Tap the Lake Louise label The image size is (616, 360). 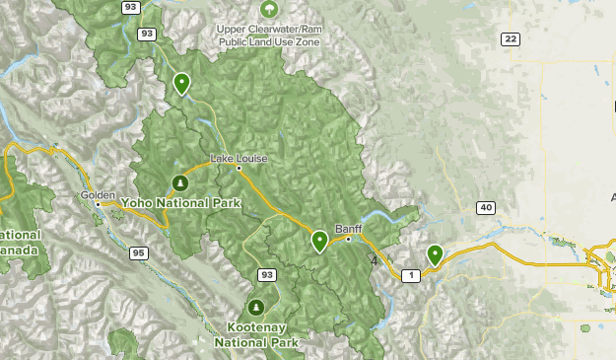[x=239, y=159]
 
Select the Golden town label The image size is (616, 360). [x=99, y=194]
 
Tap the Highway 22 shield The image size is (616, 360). [x=510, y=38]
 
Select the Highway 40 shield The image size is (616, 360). [x=485, y=207]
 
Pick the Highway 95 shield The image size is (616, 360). [x=138, y=253]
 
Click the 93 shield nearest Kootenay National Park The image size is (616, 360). [x=266, y=273]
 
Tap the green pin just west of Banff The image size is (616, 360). [x=319, y=240]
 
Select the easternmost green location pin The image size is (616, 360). [x=434, y=254]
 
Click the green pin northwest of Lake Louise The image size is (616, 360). [x=181, y=83]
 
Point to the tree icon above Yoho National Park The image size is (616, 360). [x=179, y=182]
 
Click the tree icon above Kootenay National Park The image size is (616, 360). [x=256, y=306]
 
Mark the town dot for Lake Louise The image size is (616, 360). [x=239, y=168]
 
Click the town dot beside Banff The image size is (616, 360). [x=347, y=239]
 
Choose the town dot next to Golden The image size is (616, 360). [x=98, y=204]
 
